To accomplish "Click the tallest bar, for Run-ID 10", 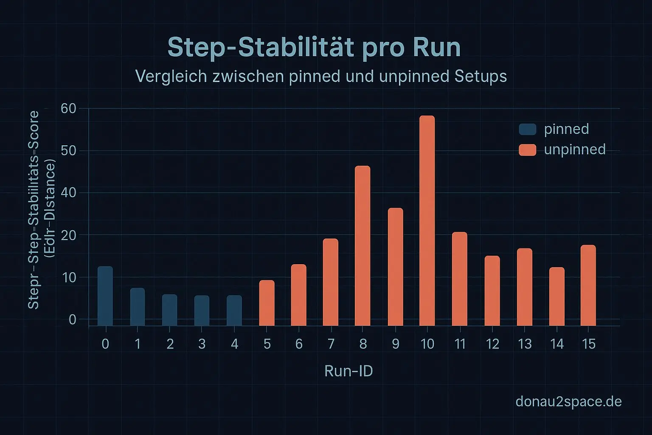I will tap(427, 221).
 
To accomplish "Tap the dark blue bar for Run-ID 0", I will tap(105, 296).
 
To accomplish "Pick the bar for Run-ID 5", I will tap(267, 303).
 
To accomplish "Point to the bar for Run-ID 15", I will tap(588, 285).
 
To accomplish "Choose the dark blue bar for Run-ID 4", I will tap(234, 311).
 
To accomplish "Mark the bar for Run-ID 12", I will tap(492, 291).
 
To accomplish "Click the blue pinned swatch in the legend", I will tap(528, 129).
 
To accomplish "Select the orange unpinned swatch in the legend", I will tap(528, 150).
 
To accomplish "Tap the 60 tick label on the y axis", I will tap(68, 109).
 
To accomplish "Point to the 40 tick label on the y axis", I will tap(68, 193).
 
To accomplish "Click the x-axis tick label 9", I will tap(395, 344).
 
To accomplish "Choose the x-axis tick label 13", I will tap(525, 344).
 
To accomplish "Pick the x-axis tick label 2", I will tap(170, 344).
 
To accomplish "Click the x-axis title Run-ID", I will tap(348, 371).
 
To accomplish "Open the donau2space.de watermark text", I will tap(568, 401).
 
